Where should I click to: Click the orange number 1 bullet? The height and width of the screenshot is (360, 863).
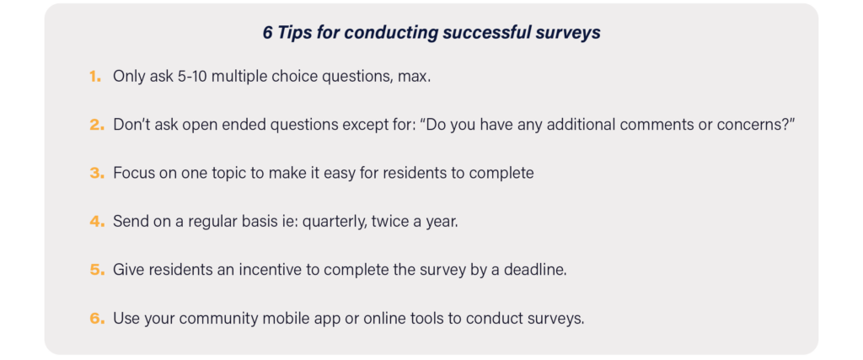click(x=95, y=77)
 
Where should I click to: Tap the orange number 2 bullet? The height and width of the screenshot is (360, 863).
click(x=96, y=125)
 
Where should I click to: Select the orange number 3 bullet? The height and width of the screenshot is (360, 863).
click(x=96, y=174)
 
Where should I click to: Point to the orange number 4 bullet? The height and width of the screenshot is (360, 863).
click(x=97, y=222)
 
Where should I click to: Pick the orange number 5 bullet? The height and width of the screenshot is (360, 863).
click(x=97, y=271)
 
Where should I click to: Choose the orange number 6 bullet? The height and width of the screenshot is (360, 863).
click(x=97, y=319)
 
